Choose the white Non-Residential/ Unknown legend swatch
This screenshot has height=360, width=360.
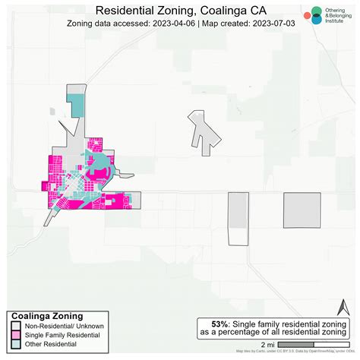[x=15, y=326]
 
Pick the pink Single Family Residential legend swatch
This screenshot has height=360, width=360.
[x=15, y=335]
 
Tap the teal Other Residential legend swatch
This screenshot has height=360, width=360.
[x=15, y=344]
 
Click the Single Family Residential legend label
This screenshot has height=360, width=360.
[x=61, y=335]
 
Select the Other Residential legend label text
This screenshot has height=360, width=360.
[x=50, y=344]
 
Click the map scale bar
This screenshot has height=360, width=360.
[x=313, y=344]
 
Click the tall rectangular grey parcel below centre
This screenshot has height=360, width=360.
[x=238, y=219]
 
